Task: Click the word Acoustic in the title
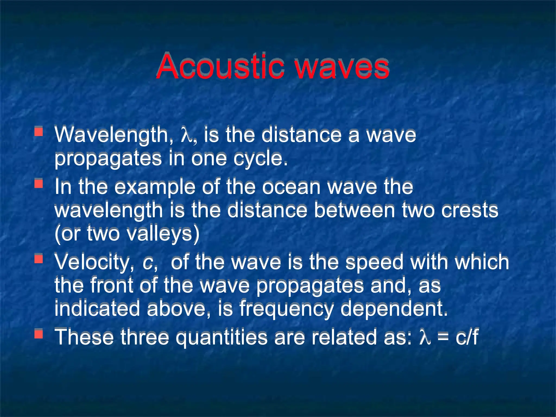point(220,67)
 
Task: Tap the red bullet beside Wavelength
point(39,131)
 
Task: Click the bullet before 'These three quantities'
point(39,334)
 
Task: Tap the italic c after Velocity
point(148,263)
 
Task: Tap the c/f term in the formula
point(467,337)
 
